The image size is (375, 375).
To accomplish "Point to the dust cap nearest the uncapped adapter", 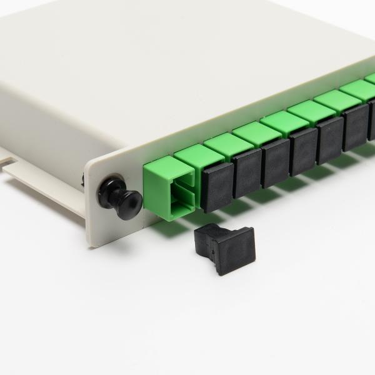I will (x=218, y=187).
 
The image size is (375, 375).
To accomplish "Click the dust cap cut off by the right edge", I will (x=371, y=119).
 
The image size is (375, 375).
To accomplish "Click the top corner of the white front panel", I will (x=87, y=164).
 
